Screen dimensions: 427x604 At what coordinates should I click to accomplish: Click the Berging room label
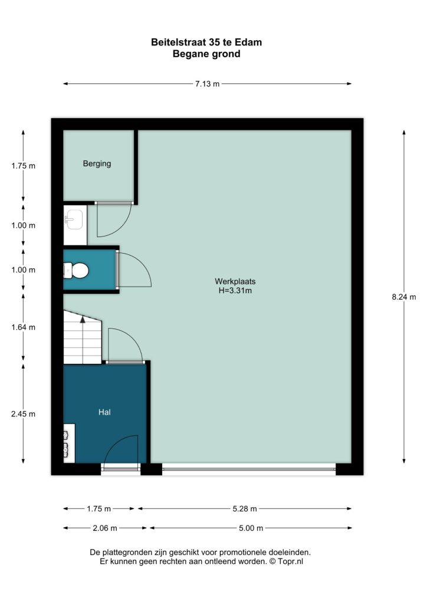pos(97,164)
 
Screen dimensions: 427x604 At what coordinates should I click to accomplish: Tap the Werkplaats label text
pos(235,281)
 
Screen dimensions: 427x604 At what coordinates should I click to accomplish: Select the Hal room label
pos(104,412)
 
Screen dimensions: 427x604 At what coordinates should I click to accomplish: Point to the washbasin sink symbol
pos(74,219)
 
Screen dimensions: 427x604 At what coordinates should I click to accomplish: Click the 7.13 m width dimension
pos(207,84)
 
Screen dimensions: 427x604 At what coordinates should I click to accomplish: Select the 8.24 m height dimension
pos(404,297)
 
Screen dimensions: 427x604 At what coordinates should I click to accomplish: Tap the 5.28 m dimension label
pos(245,509)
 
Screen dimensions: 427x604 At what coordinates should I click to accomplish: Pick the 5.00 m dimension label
pos(251,528)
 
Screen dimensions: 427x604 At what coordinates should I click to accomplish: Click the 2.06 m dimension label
pos(105,528)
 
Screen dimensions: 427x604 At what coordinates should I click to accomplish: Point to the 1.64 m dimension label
pos(23,327)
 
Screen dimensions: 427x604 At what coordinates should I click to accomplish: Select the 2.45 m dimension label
pos(23,414)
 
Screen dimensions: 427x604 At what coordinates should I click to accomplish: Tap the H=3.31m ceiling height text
pos(235,290)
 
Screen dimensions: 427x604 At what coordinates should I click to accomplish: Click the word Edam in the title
pos(251,42)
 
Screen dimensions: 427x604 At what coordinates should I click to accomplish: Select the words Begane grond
pos(206,54)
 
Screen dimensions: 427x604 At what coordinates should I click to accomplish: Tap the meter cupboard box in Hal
pos(70,443)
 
